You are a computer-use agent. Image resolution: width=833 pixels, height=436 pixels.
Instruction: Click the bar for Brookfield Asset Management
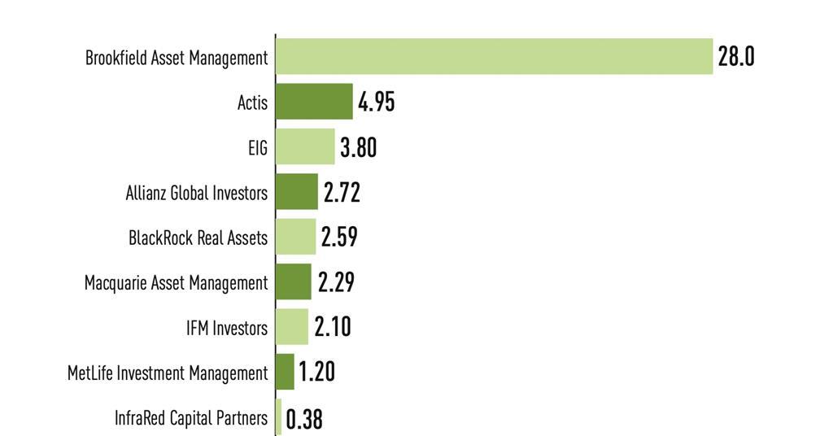click(x=494, y=56)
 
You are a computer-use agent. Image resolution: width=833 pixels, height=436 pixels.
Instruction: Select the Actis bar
click(x=314, y=102)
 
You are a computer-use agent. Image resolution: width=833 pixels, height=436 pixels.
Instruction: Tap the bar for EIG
click(x=305, y=146)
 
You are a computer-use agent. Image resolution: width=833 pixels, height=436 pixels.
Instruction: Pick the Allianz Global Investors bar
click(x=297, y=192)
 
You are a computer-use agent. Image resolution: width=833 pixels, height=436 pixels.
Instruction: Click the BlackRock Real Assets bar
click(x=295, y=237)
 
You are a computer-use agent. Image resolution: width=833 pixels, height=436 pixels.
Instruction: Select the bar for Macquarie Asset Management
click(x=294, y=281)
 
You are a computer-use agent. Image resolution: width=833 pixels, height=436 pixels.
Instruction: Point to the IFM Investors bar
click(x=292, y=326)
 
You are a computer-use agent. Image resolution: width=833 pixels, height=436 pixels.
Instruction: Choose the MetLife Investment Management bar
click(x=286, y=371)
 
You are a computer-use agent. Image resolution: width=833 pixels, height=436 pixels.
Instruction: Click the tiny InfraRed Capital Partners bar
click(x=279, y=416)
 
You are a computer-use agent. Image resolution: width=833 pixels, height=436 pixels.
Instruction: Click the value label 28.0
click(x=736, y=57)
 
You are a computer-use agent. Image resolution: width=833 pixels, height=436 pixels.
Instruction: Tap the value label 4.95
click(x=376, y=102)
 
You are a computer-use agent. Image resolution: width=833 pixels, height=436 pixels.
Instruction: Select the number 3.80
click(x=358, y=147)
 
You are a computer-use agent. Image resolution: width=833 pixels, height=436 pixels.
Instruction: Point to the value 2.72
click(x=342, y=193)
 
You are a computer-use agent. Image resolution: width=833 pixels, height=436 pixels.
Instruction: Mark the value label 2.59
click(x=339, y=238)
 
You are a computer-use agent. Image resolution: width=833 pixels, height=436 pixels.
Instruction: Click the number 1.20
click(x=316, y=372)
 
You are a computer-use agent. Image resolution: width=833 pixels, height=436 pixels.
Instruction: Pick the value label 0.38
click(x=304, y=420)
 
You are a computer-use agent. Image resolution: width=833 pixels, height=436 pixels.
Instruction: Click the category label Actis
click(x=252, y=103)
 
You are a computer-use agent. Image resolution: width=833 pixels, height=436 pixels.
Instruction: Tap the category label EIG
click(x=258, y=148)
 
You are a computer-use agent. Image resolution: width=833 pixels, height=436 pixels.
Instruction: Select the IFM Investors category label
click(x=226, y=328)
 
